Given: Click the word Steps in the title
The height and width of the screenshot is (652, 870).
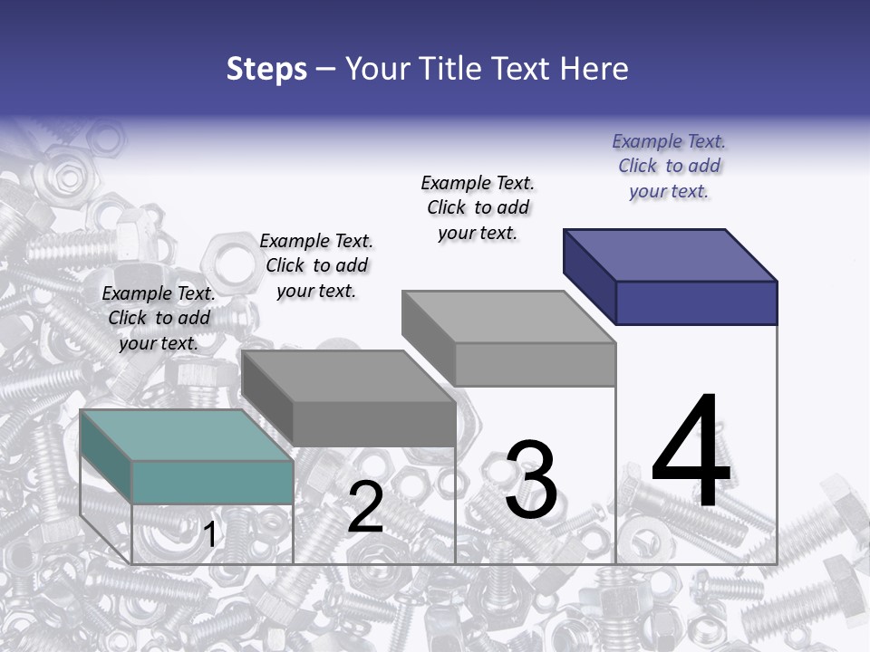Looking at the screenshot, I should click(x=266, y=69).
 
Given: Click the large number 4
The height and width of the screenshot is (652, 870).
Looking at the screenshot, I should click(x=691, y=453).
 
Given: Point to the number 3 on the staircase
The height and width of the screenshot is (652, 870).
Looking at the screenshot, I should click(x=531, y=480).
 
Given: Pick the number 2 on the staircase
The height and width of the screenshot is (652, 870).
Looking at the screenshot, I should click(x=365, y=508).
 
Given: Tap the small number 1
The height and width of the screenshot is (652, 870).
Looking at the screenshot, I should click(x=210, y=535).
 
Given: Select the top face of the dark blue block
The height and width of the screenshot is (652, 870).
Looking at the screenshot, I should click(x=669, y=254).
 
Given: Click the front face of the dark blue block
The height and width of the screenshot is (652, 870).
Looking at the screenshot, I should click(x=696, y=302).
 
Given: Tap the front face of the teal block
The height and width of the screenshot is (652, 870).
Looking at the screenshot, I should click(x=212, y=482).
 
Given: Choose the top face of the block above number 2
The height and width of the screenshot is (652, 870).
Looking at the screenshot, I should click(x=347, y=376).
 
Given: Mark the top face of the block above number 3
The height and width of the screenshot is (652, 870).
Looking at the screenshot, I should click(x=507, y=317).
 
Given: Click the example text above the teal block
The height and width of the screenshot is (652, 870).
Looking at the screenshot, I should click(x=159, y=318).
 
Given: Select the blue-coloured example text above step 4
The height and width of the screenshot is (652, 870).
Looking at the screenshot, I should click(x=669, y=166).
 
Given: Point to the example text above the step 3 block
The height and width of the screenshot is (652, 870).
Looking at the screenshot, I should click(x=478, y=207).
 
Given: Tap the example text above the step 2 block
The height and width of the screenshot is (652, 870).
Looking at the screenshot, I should click(x=316, y=265).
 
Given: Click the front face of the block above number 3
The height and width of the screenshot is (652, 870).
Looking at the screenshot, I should click(x=535, y=364).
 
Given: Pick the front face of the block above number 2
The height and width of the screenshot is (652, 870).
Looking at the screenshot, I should click(x=373, y=424).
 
